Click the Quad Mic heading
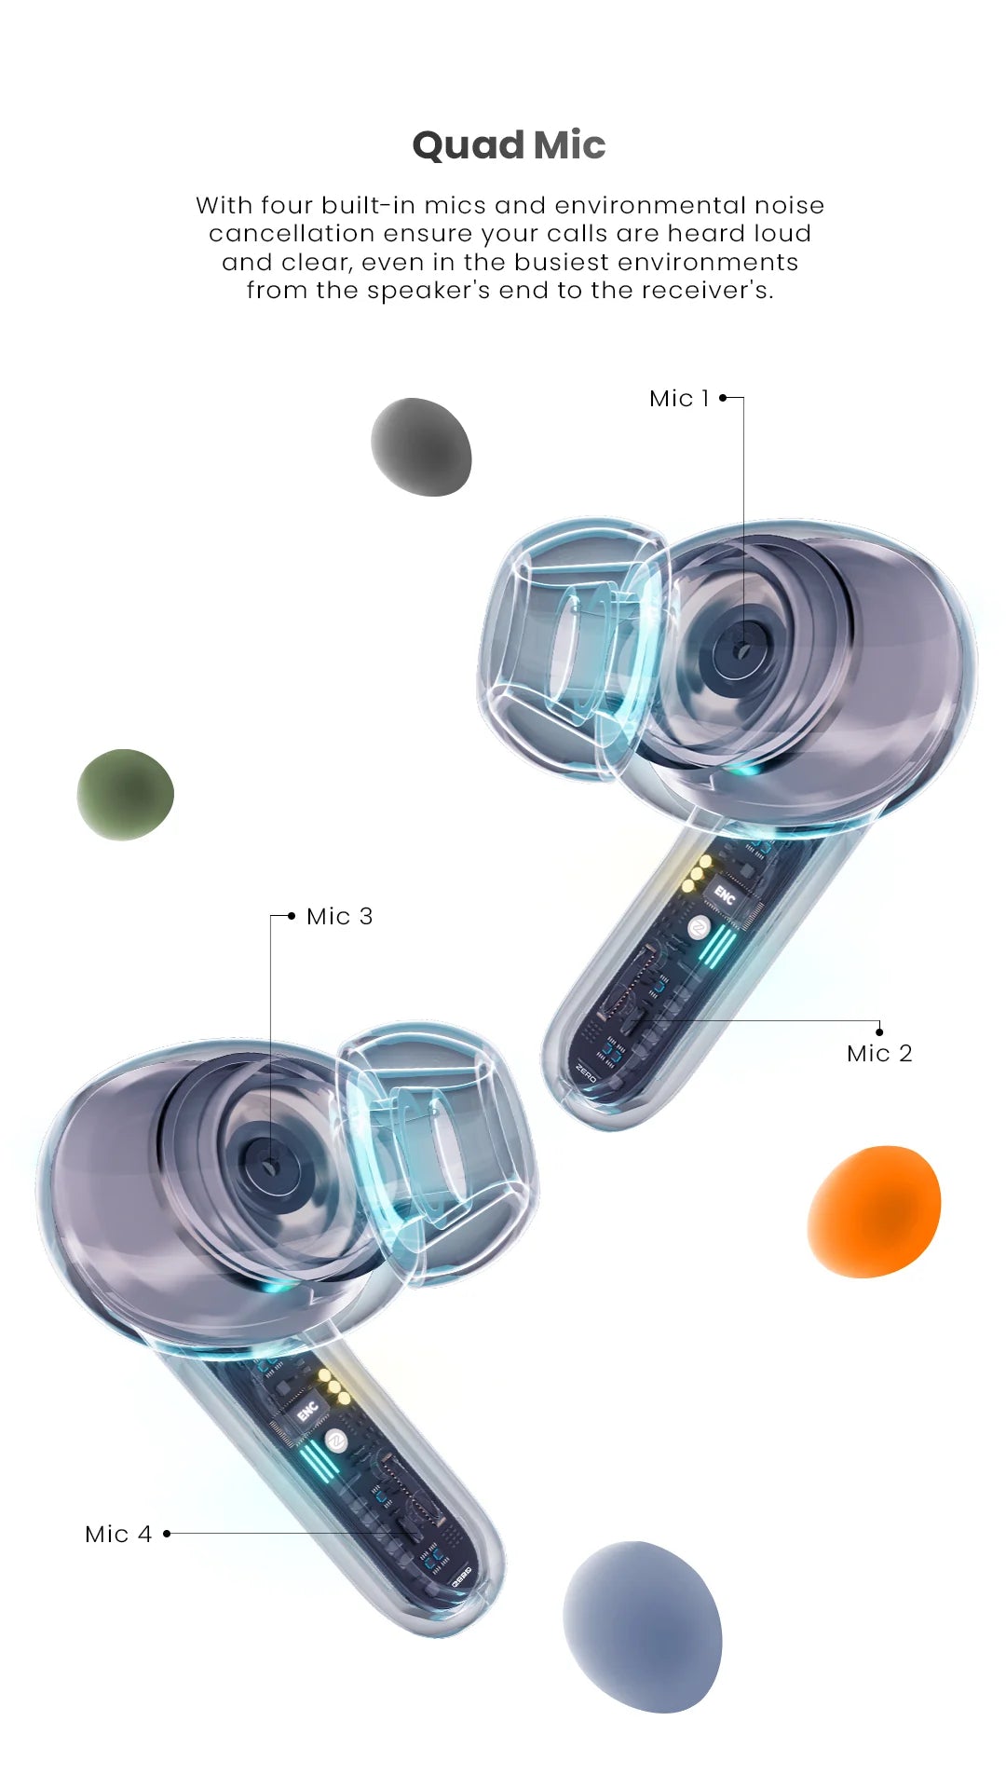(509, 145)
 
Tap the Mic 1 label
(679, 398)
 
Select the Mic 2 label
(879, 1053)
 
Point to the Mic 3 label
(340, 916)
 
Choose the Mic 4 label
(118, 1534)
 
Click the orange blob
(874, 1211)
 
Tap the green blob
(125, 795)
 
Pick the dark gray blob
(421, 447)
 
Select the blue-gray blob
(643, 1627)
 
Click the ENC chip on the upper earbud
(725, 895)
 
